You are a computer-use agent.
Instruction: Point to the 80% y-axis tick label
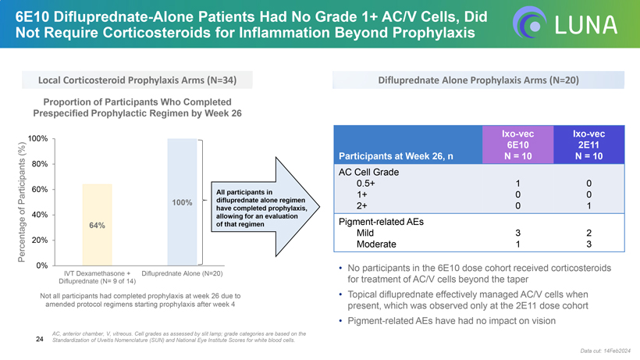click(x=39, y=164)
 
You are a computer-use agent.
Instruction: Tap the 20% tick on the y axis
click(x=39, y=240)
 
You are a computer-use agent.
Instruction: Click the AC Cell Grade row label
click(x=369, y=172)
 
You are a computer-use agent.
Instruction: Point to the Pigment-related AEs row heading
click(x=380, y=222)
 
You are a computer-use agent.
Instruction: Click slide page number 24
click(x=39, y=339)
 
